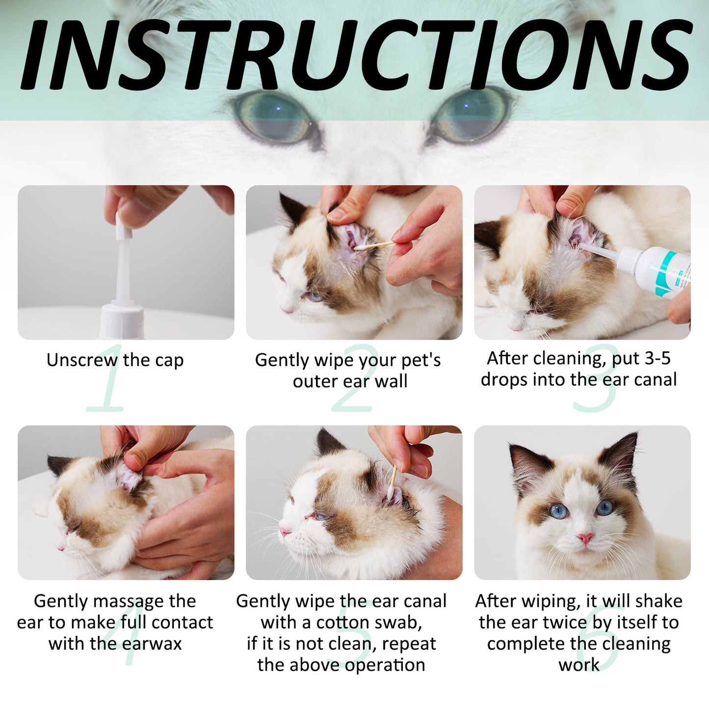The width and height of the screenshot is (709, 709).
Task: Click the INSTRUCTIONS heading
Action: [354, 55]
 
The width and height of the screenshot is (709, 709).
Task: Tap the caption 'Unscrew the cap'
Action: [115, 360]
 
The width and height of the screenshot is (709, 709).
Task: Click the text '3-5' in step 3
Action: [657, 358]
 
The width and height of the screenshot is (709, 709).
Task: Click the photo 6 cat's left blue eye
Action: [558, 511]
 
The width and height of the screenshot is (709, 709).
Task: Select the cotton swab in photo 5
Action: [392, 483]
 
